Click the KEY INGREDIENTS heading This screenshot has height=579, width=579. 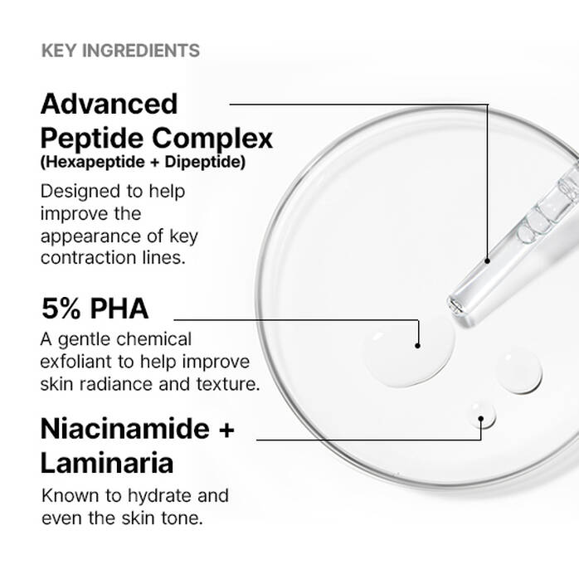120,51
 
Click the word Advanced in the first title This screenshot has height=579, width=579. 109,104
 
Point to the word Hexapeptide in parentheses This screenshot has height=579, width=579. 86,162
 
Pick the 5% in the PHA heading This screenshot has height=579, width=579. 62,309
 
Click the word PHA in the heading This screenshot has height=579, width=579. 119,309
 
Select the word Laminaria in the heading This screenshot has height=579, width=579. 107,462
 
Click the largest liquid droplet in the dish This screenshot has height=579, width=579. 406,355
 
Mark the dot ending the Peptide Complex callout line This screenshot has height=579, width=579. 489,260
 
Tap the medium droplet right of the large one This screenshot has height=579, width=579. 519,370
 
